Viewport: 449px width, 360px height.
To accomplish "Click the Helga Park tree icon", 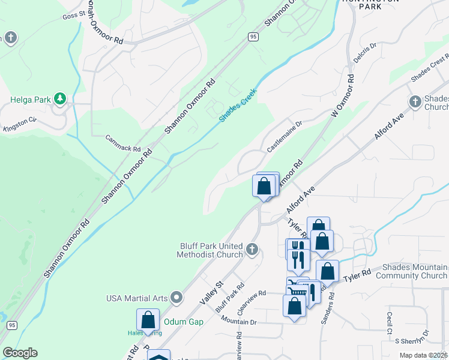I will [59, 97].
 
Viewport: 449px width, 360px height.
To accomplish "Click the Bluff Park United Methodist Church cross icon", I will [252, 248].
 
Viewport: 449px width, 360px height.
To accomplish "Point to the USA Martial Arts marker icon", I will [176, 298].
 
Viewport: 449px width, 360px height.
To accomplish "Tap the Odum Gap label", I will [184, 322].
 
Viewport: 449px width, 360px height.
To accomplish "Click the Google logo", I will [20, 353].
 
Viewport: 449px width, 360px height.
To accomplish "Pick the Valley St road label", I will [214, 289].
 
